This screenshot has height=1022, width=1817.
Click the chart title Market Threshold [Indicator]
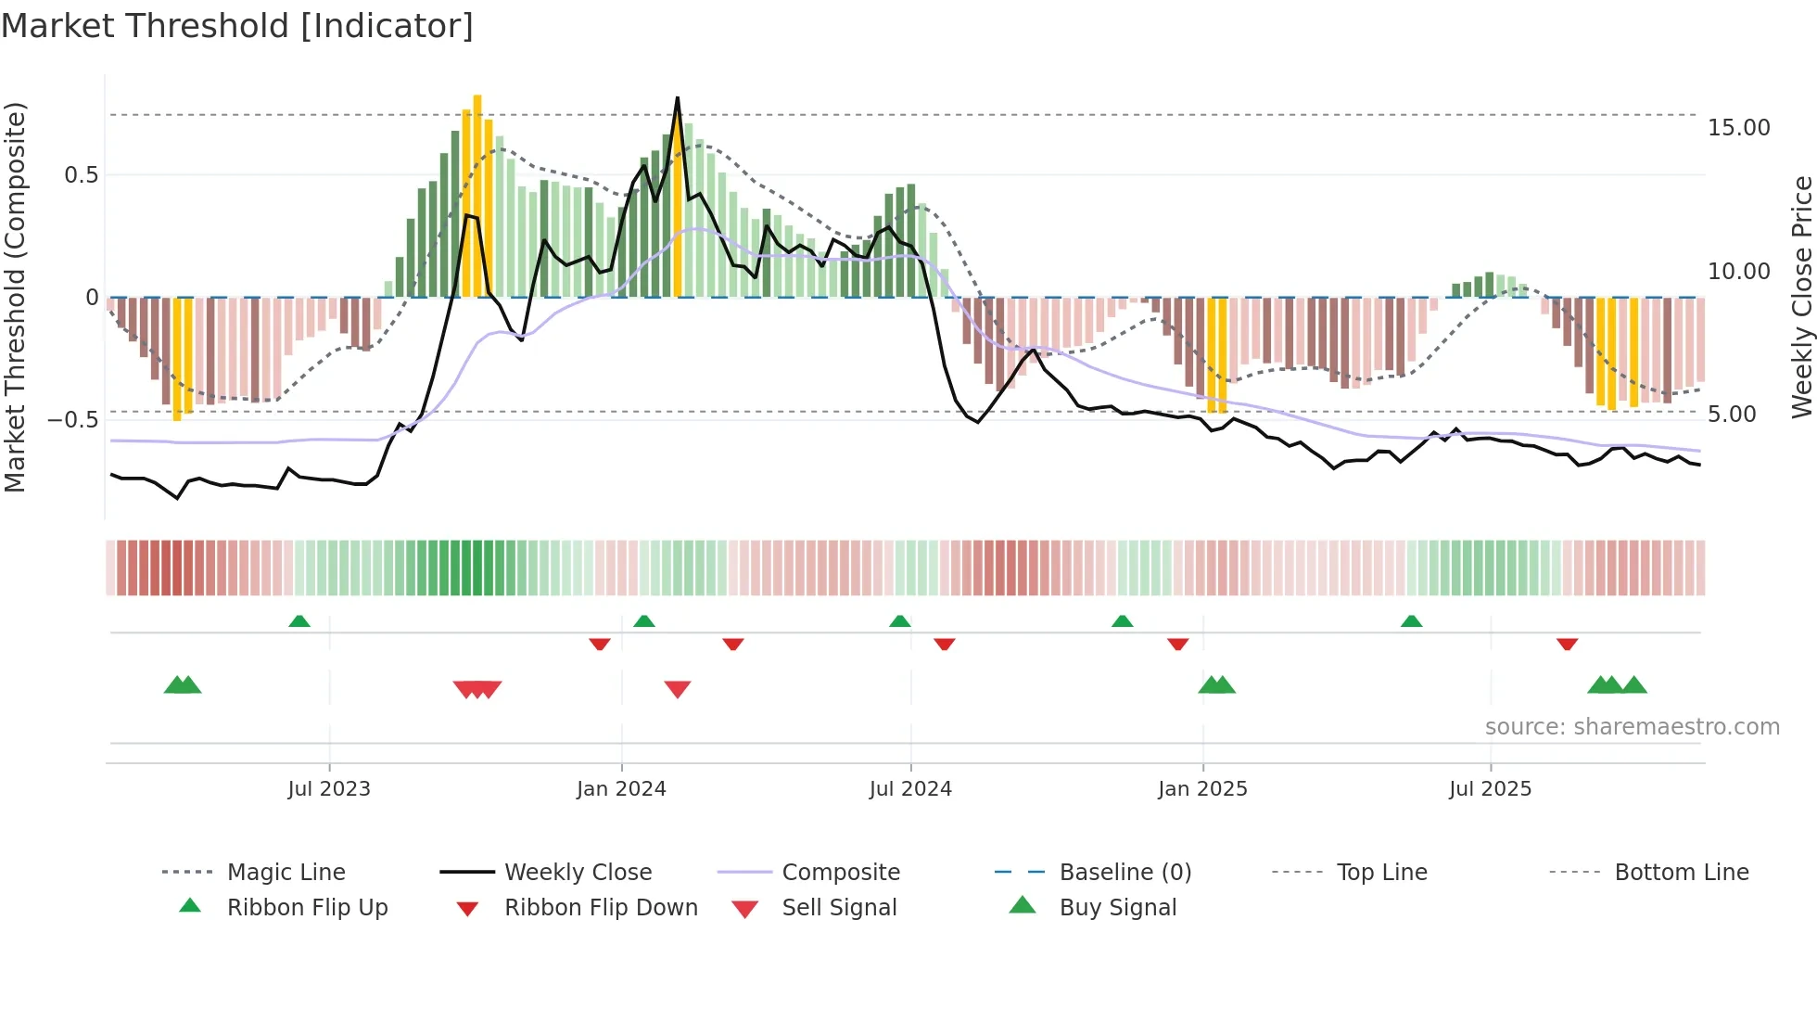point(237,26)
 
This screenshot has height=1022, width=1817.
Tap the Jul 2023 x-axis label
point(328,789)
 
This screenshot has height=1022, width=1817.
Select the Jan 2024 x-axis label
point(621,789)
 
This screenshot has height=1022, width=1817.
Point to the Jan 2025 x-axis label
point(1202,789)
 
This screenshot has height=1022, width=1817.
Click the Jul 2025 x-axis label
point(1490,789)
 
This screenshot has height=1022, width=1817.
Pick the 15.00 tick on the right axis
point(1738,128)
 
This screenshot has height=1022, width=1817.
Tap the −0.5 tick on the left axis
point(72,420)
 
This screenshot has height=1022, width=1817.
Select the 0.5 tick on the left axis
point(81,175)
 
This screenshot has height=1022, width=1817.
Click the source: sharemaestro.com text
point(1632,727)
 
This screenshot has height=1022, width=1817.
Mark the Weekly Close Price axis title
point(1801,297)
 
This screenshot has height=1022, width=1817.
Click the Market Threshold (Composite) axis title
point(15,297)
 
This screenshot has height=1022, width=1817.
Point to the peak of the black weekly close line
point(678,97)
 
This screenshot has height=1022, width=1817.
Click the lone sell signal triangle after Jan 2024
point(678,689)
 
